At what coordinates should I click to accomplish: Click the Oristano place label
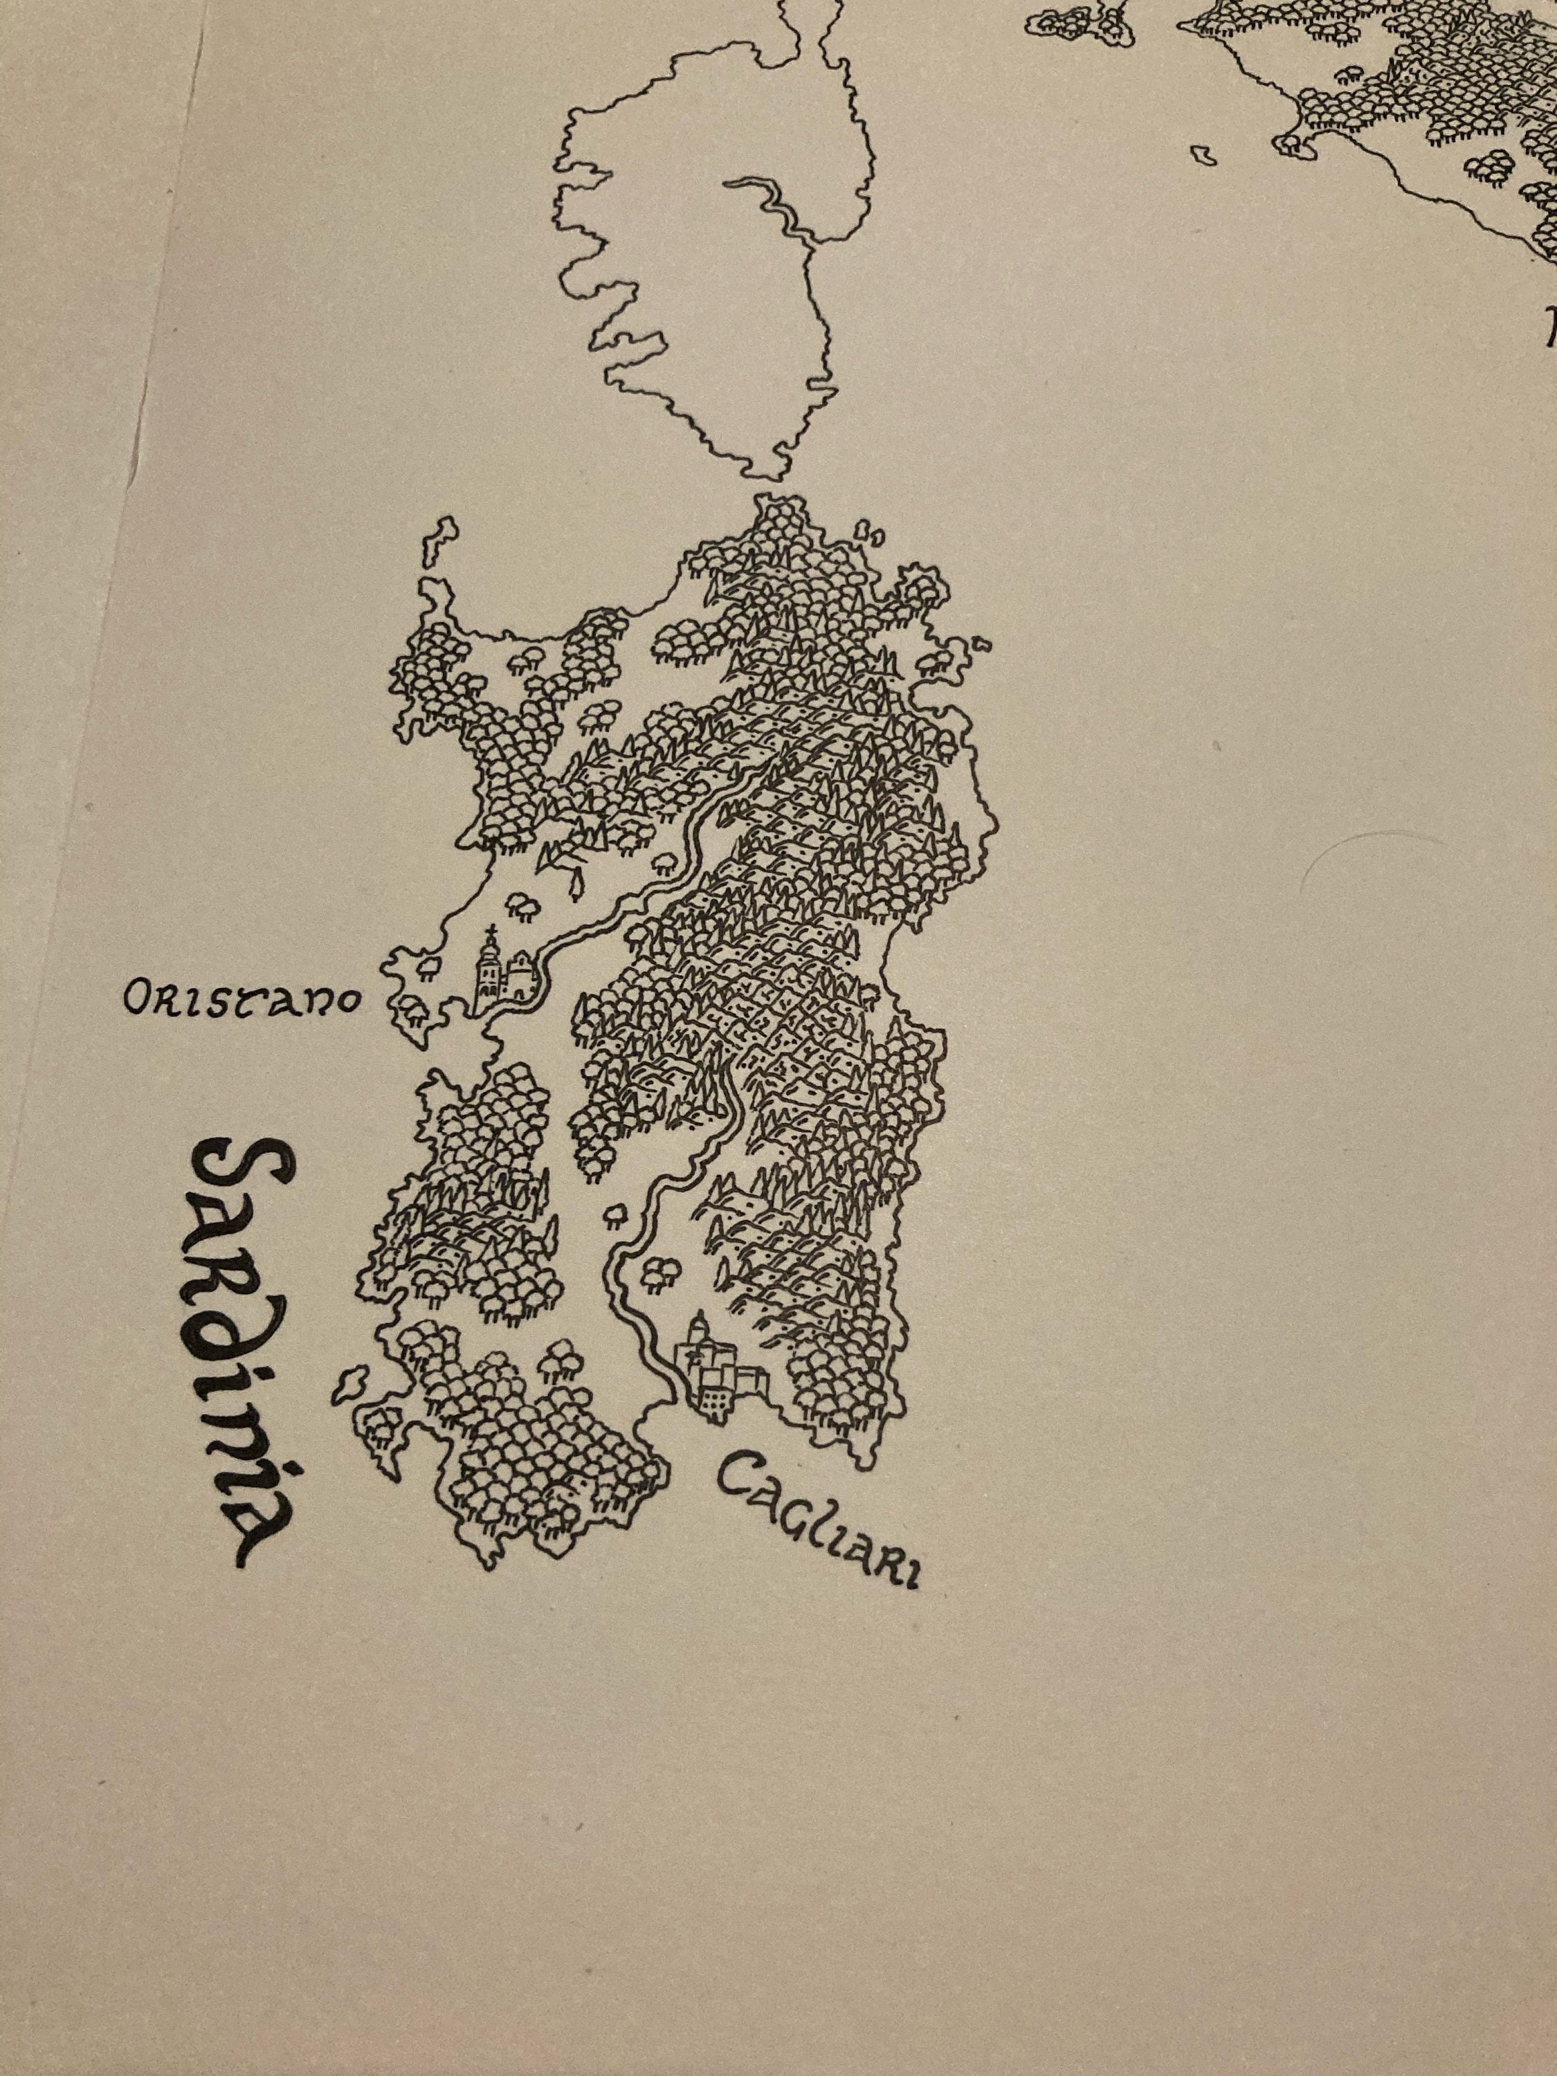pyautogui.click(x=242, y=999)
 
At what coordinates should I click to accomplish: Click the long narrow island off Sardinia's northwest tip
pyautogui.click(x=439, y=542)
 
